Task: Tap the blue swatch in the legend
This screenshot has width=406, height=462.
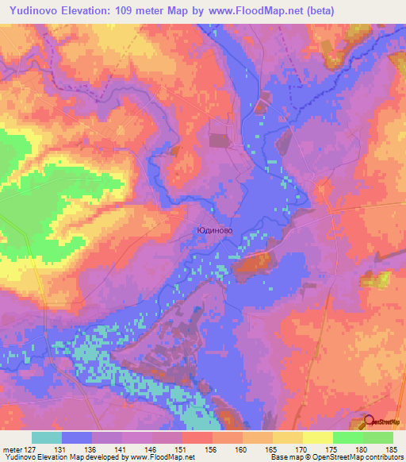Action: pos(77,437)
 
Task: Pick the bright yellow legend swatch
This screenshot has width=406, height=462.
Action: pos(317,437)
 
